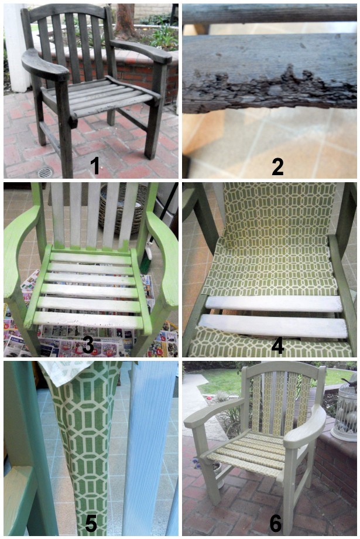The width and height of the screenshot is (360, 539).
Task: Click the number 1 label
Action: pyautogui.click(x=94, y=165)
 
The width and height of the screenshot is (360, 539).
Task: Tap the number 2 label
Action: pyautogui.click(x=277, y=166)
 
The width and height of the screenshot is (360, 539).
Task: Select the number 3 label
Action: pyautogui.click(x=88, y=344)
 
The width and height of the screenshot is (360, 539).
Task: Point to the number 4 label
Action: pyautogui.click(x=277, y=345)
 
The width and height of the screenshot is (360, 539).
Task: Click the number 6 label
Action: pyautogui.click(x=276, y=523)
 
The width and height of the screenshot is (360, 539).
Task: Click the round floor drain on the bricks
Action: pyautogui.click(x=45, y=172)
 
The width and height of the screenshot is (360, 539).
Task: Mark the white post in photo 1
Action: pyautogui.click(x=15, y=48)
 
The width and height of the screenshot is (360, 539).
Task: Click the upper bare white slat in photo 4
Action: pyautogui.click(x=274, y=304)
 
